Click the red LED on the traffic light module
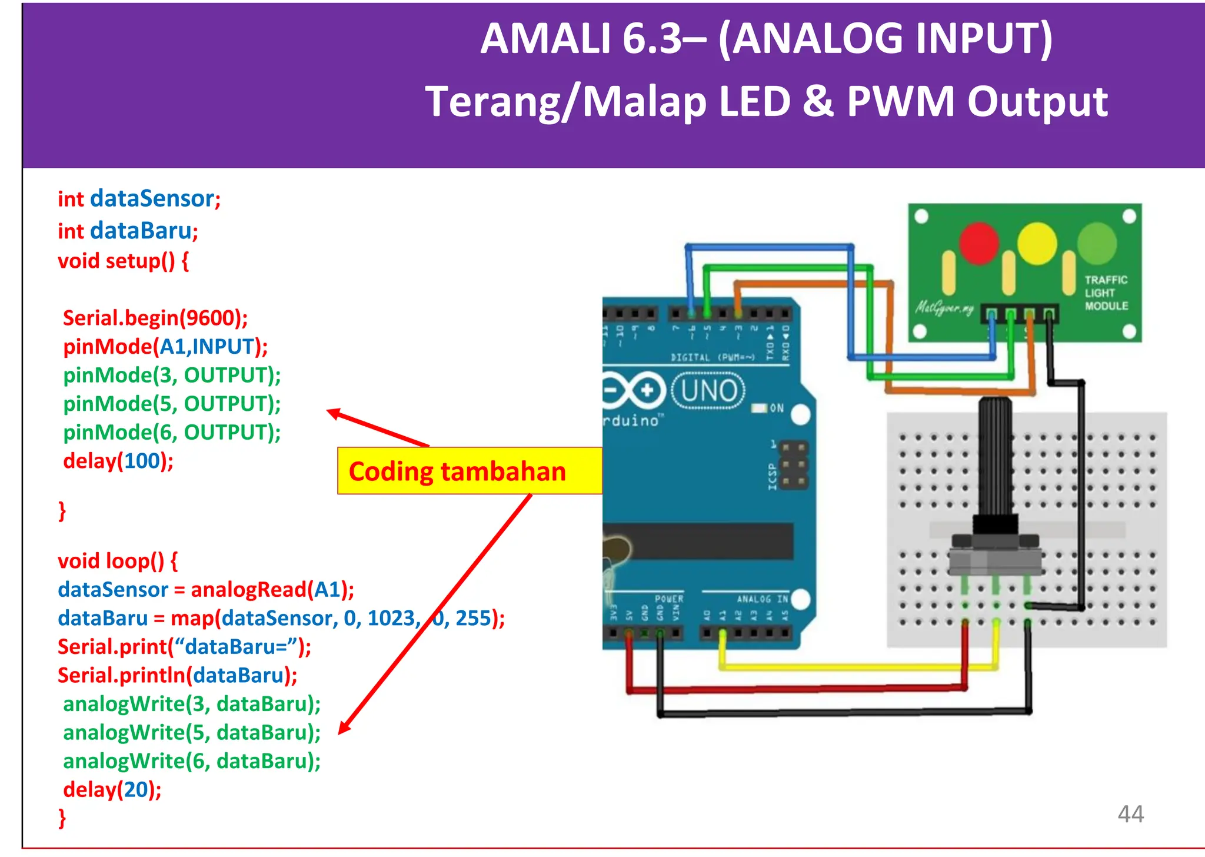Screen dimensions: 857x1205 coord(978,243)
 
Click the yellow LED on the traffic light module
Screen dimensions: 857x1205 coord(1037,243)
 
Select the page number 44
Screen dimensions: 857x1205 coord(1130,814)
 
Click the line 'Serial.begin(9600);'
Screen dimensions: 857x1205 coord(155,318)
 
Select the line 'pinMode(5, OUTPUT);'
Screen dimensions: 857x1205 coord(172,404)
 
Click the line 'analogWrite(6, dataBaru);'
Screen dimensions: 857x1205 coord(192,761)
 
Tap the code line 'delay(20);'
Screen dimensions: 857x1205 coord(112,789)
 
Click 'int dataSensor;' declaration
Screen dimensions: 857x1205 coord(139,199)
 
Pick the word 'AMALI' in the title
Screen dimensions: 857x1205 coord(547,39)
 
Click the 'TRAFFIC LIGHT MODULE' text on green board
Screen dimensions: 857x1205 coord(1106,293)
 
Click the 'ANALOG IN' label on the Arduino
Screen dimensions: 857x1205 coord(762,599)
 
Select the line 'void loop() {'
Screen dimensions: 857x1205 coord(117,560)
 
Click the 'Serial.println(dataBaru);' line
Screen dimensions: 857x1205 coord(177,675)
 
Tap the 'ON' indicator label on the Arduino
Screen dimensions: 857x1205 coord(776,408)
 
